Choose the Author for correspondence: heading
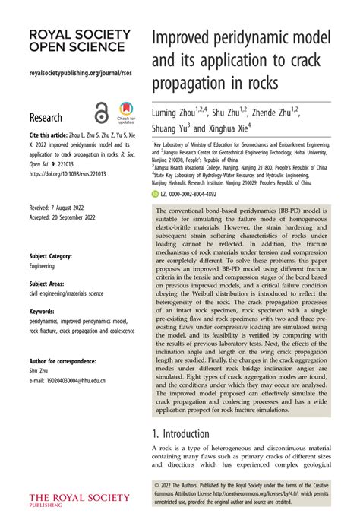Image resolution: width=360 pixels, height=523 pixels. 64,361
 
